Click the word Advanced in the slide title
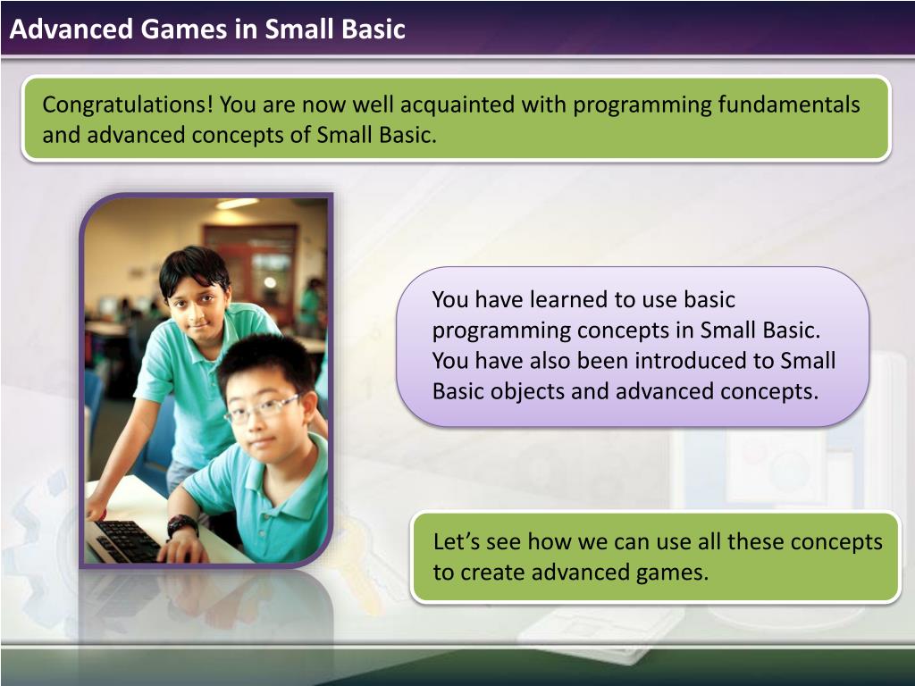tap(71, 29)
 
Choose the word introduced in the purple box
tap(691, 361)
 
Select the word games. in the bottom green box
tap(672, 573)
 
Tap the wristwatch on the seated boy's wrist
tap(182, 524)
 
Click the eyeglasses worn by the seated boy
tap(261, 408)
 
